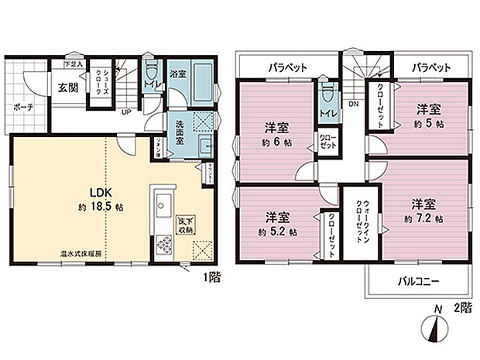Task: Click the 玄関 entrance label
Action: click(x=64, y=86)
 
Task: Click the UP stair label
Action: click(x=124, y=111)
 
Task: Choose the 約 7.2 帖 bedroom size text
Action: click(x=424, y=219)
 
